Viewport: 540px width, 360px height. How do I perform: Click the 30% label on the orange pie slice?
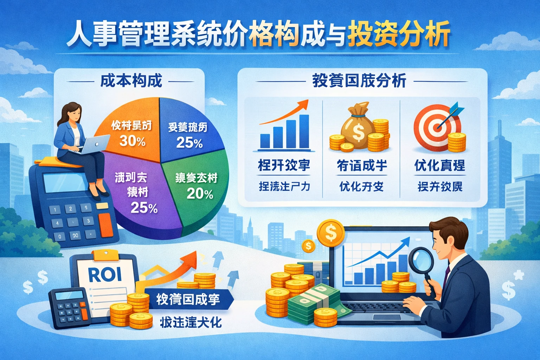(132, 141)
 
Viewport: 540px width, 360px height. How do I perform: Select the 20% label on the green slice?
(200, 194)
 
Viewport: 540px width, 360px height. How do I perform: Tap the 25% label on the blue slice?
(189, 143)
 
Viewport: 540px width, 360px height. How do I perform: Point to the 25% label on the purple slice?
(144, 208)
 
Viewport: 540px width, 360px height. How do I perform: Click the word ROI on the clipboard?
(105, 275)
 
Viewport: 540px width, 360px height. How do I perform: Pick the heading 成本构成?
(131, 81)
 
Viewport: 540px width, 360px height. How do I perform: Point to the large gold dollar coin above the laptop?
(330, 232)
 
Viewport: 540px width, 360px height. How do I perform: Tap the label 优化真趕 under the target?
(439, 165)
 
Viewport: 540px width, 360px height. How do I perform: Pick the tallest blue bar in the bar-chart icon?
(304, 131)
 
